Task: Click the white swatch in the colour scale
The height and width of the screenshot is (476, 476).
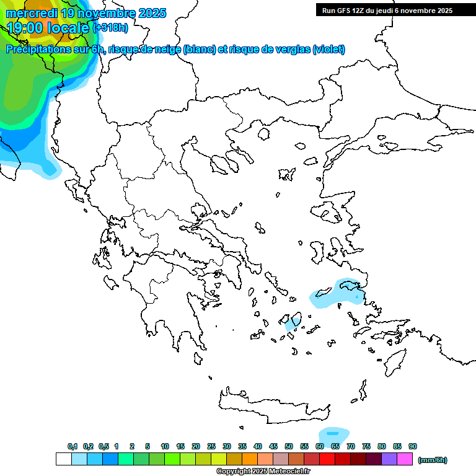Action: [x=64, y=459]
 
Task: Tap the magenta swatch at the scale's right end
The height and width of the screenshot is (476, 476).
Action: [x=405, y=459]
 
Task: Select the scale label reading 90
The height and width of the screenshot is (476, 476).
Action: [x=413, y=446]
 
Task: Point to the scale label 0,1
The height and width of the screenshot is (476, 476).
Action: [x=73, y=446]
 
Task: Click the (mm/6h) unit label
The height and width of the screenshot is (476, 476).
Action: [x=433, y=460]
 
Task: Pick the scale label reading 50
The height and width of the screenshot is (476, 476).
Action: [x=289, y=446]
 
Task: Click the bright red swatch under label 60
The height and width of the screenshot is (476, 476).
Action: [x=327, y=459]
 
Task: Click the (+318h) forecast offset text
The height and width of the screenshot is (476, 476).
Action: [x=110, y=27]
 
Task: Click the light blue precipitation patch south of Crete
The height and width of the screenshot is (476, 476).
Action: [x=333, y=433]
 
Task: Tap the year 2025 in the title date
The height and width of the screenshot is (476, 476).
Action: [x=150, y=13]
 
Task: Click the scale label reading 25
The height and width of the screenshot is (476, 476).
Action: [x=211, y=446]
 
